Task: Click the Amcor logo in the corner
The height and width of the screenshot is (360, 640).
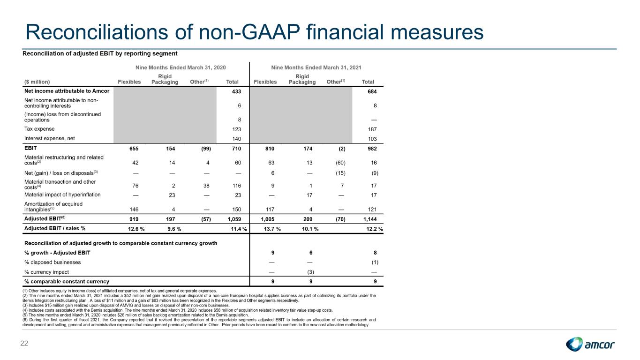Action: (x=590, y=344)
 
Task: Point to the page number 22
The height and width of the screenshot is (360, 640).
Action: (x=24, y=344)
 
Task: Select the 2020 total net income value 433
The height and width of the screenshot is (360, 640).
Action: (x=236, y=91)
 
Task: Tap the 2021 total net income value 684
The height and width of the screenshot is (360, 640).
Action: (x=372, y=91)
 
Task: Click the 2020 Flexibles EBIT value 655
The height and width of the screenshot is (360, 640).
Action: (x=134, y=149)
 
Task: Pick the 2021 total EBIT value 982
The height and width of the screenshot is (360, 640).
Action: (x=372, y=149)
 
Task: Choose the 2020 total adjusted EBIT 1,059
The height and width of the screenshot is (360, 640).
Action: (x=234, y=219)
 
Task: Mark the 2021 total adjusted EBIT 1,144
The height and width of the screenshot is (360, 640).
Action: (x=370, y=219)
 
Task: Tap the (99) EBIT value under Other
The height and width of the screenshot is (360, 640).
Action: (x=206, y=149)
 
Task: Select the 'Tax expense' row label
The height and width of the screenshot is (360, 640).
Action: (x=39, y=129)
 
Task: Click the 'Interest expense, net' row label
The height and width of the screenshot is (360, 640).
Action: (x=49, y=138)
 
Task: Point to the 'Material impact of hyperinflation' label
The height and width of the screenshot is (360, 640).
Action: (x=62, y=195)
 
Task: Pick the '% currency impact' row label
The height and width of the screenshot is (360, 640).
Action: (x=46, y=272)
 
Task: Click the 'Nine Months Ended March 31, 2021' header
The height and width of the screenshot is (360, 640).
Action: (x=316, y=67)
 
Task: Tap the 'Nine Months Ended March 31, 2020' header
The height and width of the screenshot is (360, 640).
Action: (x=181, y=67)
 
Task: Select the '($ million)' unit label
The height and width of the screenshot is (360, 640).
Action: (x=37, y=82)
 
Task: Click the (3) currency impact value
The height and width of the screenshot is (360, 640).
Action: (x=310, y=272)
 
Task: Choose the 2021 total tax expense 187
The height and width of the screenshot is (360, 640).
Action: (x=372, y=129)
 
